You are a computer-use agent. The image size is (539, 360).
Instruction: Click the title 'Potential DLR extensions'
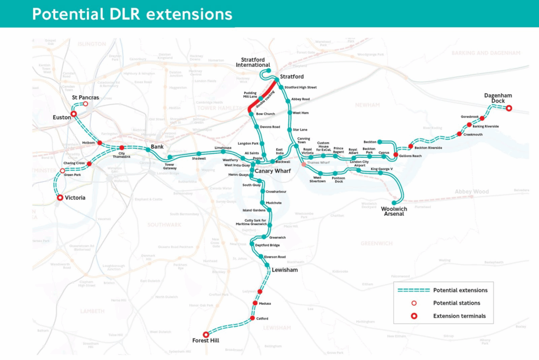pos(132,14)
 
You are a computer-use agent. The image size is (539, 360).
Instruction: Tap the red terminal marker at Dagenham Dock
pos(509,108)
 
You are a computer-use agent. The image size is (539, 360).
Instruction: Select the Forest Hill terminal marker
pos(206,334)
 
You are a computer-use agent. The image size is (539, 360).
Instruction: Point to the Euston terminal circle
pos(74,113)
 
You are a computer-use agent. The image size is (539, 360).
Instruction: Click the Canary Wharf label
pos(273,171)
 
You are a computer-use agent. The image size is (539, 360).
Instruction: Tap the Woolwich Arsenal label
pos(393,211)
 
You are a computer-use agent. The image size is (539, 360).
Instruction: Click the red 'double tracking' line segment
pos(262,95)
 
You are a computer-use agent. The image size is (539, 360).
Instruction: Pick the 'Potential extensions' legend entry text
pos(460,290)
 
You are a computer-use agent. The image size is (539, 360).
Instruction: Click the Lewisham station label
pos(285,270)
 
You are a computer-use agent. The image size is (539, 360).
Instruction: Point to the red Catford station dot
pos(251,318)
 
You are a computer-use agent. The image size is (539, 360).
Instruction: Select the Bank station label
pos(158,146)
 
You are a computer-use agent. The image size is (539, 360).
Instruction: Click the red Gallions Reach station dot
pos(396,154)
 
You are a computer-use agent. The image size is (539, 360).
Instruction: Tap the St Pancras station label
pos(86,98)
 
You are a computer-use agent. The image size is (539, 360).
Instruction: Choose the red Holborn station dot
pos(99,143)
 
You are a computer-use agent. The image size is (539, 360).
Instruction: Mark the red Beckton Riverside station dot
pos(411,146)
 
